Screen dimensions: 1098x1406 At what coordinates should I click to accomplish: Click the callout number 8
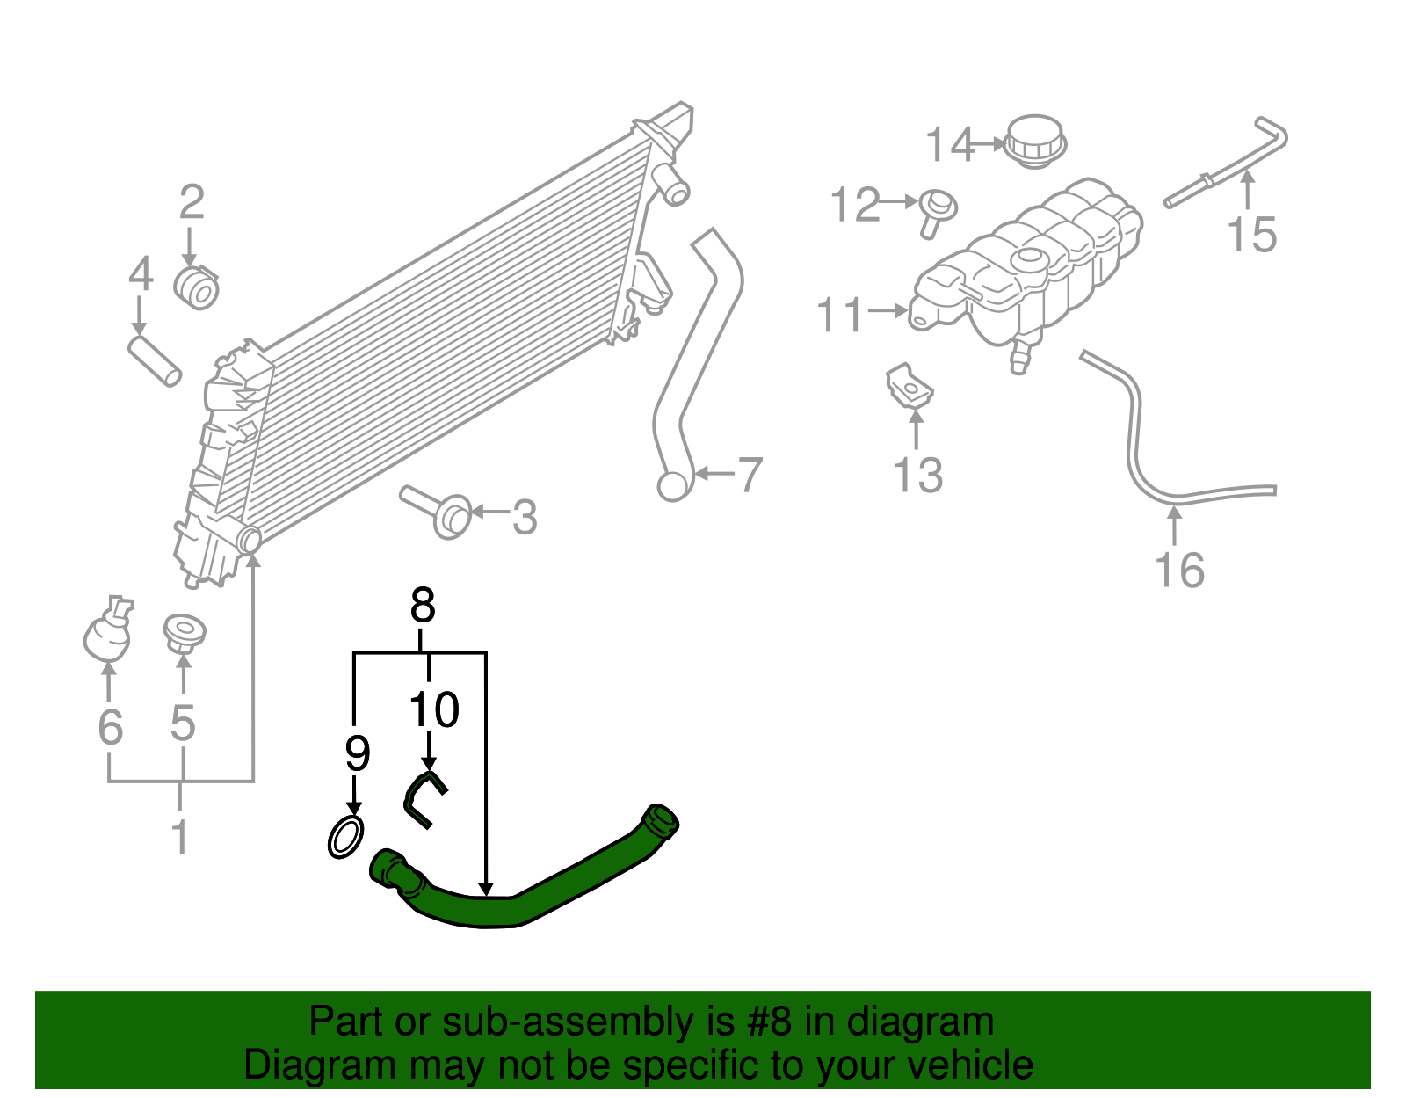tap(423, 606)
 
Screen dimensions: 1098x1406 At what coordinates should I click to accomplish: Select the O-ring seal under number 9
tap(345, 837)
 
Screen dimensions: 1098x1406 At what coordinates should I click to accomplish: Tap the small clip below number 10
tap(424, 797)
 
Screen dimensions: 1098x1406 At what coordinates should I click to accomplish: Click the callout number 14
tap(950, 145)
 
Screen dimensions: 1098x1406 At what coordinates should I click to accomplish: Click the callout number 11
tap(840, 315)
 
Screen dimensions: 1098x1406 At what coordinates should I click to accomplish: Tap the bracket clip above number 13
tap(909, 387)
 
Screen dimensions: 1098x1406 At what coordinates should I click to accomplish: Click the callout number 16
tap(1179, 571)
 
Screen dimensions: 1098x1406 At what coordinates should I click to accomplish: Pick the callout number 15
tap(1251, 236)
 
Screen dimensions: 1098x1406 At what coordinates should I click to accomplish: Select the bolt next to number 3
tap(439, 513)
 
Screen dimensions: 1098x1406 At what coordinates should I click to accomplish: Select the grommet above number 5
tap(184, 632)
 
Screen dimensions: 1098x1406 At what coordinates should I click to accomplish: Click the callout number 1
tap(179, 837)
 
